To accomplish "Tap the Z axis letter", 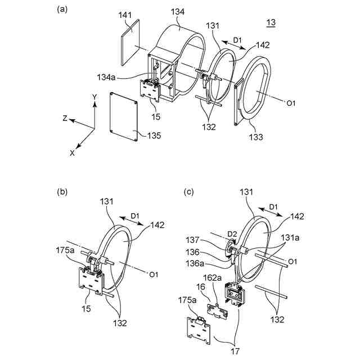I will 65,119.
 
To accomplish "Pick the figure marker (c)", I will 190,192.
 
